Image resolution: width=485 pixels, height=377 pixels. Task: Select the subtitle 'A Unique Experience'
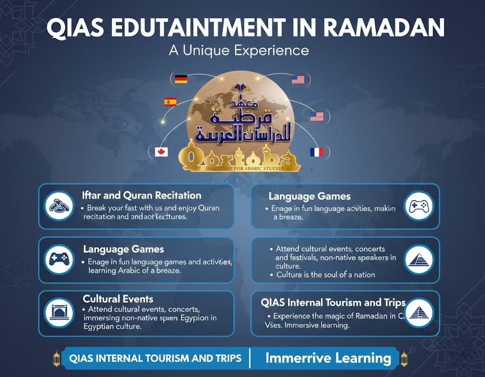point(239,50)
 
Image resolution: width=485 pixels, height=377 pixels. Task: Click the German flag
point(181,79)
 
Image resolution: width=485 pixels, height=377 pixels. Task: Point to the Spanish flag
point(170,101)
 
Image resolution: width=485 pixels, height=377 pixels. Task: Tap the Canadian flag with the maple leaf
point(162,152)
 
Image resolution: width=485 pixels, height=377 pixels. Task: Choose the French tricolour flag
point(316,152)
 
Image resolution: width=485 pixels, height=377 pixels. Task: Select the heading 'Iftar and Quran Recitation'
point(141,195)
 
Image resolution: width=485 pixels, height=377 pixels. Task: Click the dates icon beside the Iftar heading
point(59,206)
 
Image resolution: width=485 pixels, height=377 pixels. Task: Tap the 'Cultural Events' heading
point(118,299)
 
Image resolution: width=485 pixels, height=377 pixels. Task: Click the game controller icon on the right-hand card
point(420,206)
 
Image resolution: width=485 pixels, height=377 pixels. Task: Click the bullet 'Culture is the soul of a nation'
point(325,275)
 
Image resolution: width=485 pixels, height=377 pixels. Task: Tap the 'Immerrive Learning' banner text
point(328,358)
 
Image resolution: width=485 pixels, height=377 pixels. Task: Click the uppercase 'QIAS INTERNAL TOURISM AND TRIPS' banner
point(155,358)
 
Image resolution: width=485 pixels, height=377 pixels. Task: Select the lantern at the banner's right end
point(404,359)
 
